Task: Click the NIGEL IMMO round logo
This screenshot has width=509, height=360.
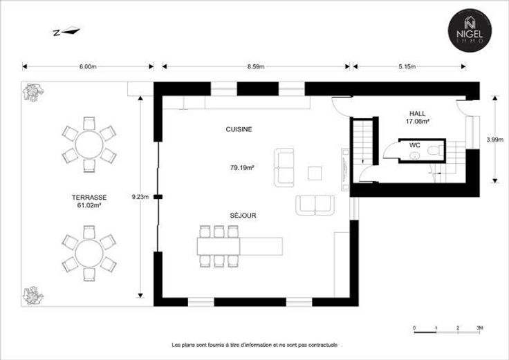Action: click(x=470, y=30)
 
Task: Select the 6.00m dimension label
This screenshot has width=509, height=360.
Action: click(x=88, y=66)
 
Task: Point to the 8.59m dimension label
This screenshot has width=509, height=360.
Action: click(x=256, y=66)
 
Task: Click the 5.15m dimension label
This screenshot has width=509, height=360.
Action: click(x=407, y=66)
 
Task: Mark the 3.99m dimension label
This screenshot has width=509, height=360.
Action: click(x=494, y=140)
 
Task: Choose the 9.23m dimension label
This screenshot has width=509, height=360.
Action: click(x=140, y=196)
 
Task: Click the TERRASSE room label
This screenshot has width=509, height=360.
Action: click(x=89, y=197)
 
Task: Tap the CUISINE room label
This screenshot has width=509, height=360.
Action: click(x=239, y=129)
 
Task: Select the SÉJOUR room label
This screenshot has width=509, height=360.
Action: click(x=243, y=216)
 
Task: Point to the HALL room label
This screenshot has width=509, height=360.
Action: click(x=418, y=113)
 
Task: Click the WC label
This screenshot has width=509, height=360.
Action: click(x=415, y=145)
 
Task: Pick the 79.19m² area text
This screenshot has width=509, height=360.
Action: click(x=242, y=168)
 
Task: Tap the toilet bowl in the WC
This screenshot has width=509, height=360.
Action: click(x=434, y=151)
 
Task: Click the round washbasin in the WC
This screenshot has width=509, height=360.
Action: click(x=414, y=156)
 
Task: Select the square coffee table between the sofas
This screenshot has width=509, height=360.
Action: click(x=315, y=173)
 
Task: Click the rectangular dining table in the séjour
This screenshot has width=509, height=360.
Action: click(x=219, y=247)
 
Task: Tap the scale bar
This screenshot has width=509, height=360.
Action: click(x=447, y=332)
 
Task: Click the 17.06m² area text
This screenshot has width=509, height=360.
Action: click(x=418, y=122)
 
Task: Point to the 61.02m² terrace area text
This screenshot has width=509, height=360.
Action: click(x=89, y=205)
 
